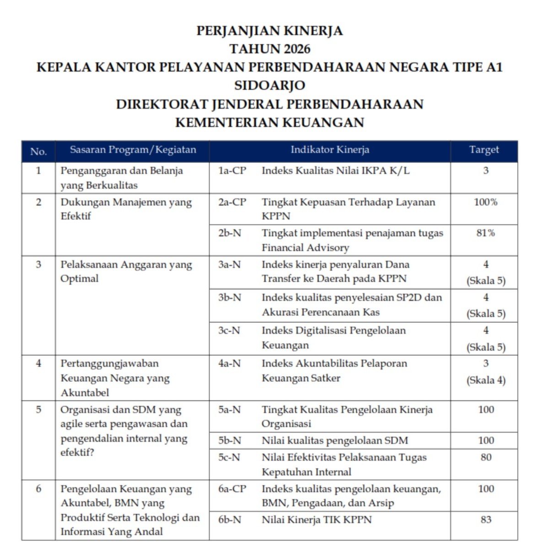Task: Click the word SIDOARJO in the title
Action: [x=269, y=86]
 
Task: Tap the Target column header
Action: [x=484, y=150]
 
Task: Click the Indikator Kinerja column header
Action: [x=330, y=150]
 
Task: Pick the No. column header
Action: [x=38, y=151]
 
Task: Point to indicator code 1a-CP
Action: [x=232, y=171]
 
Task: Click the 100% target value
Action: [x=486, y=202]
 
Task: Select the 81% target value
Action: [x=486, y=233]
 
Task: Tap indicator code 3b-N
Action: [x=229, y=297]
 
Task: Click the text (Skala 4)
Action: [x=486, y=380]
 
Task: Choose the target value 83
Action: [x=486, y=519]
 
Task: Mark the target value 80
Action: [x=486, y=457]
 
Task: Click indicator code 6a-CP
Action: [x=232, y=489]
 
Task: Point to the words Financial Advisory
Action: [x=305, y=248]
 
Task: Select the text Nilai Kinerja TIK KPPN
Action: [x=316, y=520]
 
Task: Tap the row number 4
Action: [x=38, y=363]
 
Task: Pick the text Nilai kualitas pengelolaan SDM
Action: [x=335, y=441]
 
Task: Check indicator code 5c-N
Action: [x=229, y=457]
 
